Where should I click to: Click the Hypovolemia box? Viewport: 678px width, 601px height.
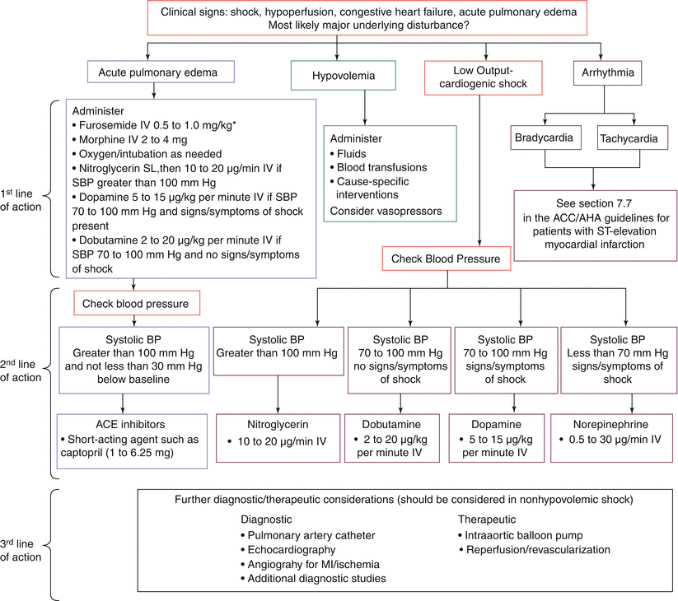(x=343, y=76)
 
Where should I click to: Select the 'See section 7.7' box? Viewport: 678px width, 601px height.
(x=595, y=226)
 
